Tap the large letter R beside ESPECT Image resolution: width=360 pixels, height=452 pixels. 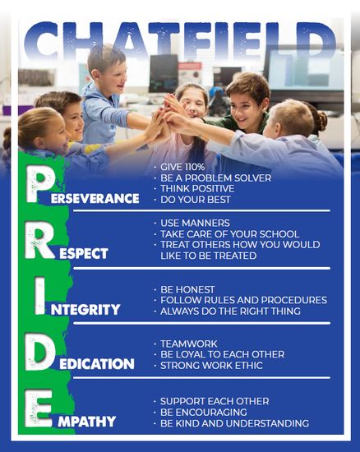(39, 240)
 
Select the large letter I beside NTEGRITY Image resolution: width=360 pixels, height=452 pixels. (40, 296)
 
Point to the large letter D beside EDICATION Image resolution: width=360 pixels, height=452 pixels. (39, 352)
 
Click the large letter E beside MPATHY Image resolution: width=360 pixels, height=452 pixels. (38, 408)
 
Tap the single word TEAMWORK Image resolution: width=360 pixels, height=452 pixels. (189, 344)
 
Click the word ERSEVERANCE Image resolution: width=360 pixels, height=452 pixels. (95, 198)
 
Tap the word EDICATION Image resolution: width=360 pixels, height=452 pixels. (97, 364)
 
